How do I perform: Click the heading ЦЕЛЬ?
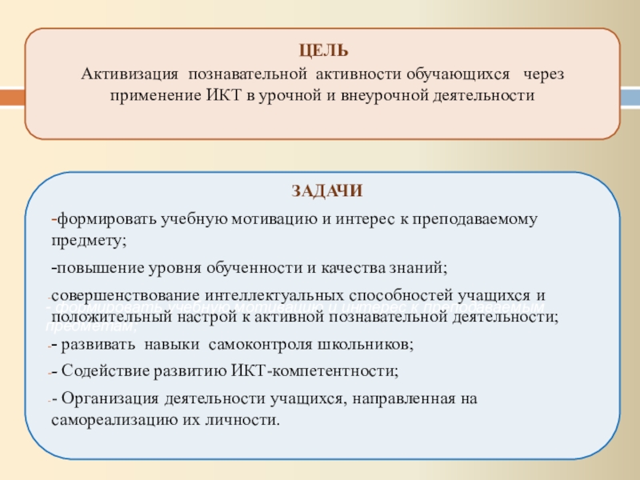[x=322, y=51]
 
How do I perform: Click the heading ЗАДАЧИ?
[x=326, y=190]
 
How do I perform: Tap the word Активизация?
[x=130, y=74]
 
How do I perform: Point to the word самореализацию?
[x=107, y=419]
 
